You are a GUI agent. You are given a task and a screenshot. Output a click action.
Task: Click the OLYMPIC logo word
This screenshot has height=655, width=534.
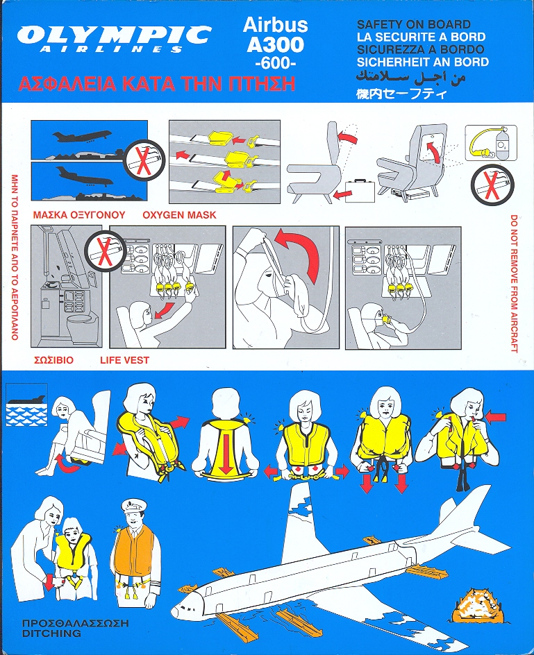pos(114,35)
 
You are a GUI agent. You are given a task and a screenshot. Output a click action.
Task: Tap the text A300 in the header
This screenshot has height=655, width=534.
pos(275,44)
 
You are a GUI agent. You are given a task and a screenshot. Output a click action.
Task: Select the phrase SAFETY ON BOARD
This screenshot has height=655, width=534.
pos(414,25)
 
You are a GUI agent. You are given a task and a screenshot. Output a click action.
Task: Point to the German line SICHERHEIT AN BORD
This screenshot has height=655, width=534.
pos(423,62)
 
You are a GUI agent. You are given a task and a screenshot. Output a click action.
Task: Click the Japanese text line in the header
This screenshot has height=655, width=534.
pos(401,94)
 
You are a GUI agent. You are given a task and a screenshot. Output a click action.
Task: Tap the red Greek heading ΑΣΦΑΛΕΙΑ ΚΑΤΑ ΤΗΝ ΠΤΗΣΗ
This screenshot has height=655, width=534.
pos(157,83)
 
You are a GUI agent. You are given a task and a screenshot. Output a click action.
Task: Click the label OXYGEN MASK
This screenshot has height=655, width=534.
pos(179,215)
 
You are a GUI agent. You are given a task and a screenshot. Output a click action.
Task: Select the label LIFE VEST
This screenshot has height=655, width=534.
pos(124,360)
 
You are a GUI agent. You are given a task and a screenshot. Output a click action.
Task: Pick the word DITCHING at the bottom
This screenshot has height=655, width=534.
pos(46,633)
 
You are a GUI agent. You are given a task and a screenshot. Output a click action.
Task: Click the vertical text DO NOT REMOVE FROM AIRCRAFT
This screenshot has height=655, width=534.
pos(514,284)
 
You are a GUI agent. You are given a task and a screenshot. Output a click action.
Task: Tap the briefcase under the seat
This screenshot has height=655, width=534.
pos(360,191)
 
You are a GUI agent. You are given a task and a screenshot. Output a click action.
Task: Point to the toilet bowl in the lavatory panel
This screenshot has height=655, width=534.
pos(83,326)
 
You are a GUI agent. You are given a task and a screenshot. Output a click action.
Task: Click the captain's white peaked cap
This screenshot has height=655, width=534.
pos(133,506)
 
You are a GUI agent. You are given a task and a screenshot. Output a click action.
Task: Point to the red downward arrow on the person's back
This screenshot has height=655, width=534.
pos(226,453)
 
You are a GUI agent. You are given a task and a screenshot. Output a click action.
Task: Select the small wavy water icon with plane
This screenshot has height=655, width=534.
pos(27,405)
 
